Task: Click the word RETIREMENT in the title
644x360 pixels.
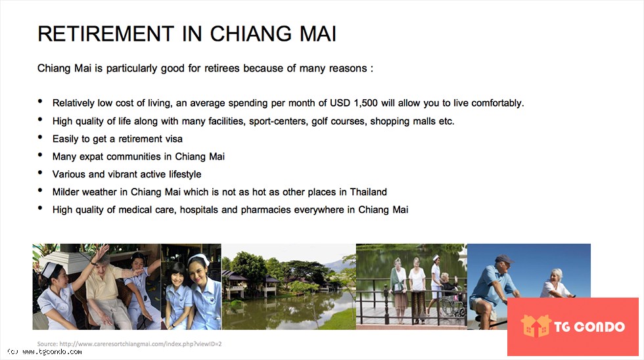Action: (x=106, y=34)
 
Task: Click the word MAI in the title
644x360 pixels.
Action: (x=318, y=34)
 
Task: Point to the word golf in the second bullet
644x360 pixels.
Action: (x=320, y=122)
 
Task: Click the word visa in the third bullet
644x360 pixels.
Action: (x=173, y=139)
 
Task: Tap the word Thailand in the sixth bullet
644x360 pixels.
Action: (x=369, y=192)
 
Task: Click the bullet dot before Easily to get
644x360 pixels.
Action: (x=40, y=137)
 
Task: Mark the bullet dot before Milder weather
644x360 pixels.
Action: (x=40, y=190)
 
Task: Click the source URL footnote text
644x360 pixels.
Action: (x=129, y=344)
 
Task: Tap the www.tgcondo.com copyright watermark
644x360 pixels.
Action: (x=45, y=352)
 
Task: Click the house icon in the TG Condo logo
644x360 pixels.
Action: (x=536, y=326)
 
